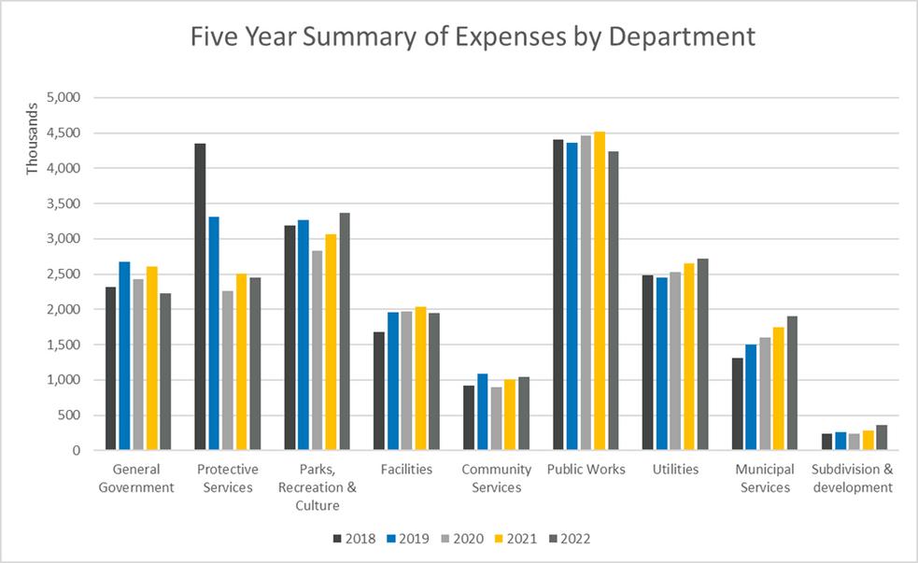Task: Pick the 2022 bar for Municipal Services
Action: coord(792,384)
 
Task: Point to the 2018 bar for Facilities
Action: coord(379,391)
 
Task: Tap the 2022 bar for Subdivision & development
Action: coord(882,438)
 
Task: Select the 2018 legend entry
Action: coord(354,539)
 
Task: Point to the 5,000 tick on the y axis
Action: coord(67,97)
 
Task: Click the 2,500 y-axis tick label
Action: coord(67,274)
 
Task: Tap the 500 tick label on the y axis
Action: coord(73,415)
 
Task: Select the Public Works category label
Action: coord(586,470)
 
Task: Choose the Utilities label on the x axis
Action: coord(675,470)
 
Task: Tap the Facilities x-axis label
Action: coord(406,470)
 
